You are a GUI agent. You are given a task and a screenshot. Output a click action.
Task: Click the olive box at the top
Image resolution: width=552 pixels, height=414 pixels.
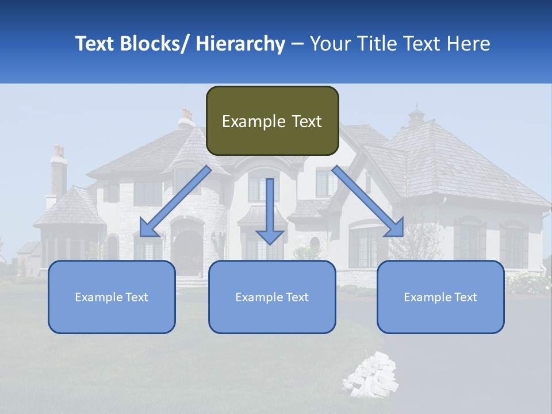[x=272, y=121]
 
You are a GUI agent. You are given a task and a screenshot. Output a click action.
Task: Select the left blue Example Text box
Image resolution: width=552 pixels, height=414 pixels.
[x=112, y=297]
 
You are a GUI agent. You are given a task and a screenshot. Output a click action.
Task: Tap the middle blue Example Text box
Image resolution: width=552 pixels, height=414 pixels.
[x=272, y=297]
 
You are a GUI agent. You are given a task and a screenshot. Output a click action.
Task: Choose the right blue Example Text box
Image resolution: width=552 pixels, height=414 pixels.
[x=440, y=297]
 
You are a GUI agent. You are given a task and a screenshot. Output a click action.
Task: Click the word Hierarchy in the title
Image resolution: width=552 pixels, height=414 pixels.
[x=240, y=44]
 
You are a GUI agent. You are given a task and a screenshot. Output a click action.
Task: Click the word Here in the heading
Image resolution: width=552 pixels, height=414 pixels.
[x=469, y=44]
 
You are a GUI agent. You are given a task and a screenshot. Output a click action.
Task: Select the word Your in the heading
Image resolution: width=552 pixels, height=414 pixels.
[x=330, y=44]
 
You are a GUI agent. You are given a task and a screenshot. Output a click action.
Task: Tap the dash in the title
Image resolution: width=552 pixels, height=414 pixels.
[x=297, y=44]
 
